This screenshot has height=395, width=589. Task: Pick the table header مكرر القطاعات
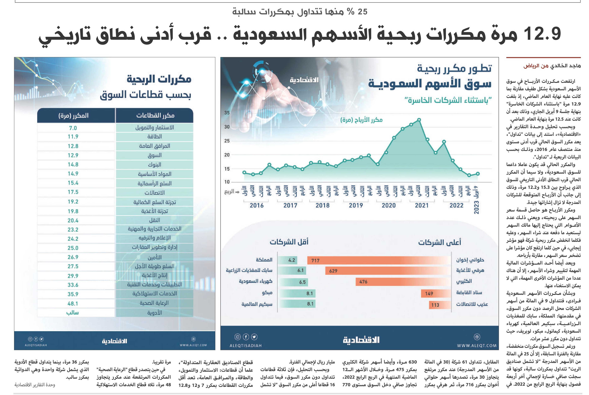pos(155,115)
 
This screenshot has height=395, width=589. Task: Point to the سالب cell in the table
pos(73,313)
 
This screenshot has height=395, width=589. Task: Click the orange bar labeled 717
pos(379,260)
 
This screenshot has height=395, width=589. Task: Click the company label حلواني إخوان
pos(470,260)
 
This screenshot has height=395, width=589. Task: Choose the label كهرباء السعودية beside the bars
pos(256,281)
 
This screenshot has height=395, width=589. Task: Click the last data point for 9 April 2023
pos(478,174)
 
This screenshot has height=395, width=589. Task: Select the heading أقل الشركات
pos(289,242)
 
